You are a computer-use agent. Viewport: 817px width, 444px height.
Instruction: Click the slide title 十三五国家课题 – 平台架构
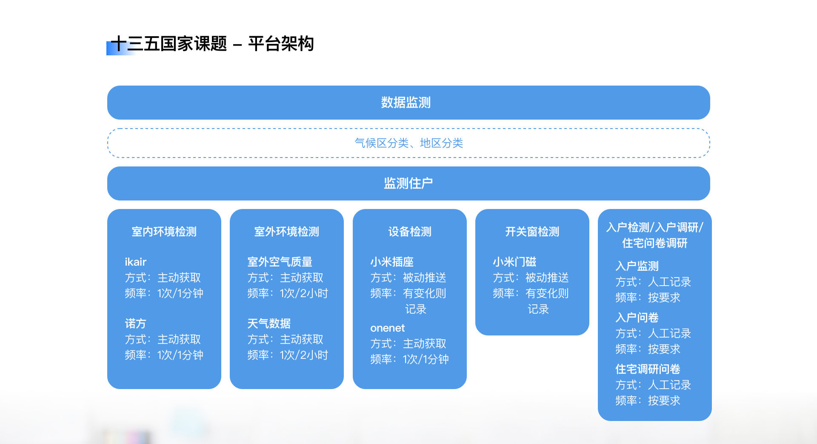(x=212, y=44)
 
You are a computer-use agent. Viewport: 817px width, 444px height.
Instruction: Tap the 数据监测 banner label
(x=406, y=103)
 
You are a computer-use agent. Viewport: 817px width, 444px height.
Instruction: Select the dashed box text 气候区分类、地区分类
(x=409, y=143)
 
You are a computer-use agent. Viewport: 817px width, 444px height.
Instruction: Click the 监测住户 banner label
(x=408, y=183)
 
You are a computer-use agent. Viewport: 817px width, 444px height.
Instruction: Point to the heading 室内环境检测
(x=164, y=232)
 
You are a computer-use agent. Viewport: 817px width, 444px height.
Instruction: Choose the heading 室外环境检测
(x=287, y=232)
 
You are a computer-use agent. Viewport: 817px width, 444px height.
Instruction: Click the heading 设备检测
(x=410, y=232)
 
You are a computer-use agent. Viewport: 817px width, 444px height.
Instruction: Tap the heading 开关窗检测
(x=532, y=232)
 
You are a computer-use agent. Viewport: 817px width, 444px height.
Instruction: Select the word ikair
(x=136, y=262)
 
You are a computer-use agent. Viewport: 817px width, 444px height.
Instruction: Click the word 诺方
(x=135, y=324)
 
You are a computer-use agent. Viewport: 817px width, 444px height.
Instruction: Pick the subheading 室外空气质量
(x=280, y=262)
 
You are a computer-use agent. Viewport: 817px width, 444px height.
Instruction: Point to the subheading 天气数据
(x=269, y=324)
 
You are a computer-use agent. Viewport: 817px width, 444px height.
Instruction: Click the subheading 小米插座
(x=392, y=262)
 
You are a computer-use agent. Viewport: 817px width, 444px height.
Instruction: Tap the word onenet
(x=388, y=328)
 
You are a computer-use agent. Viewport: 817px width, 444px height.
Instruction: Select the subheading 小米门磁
(x=514, y=262)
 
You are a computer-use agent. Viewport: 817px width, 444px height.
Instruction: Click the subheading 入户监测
(x=637, y=266)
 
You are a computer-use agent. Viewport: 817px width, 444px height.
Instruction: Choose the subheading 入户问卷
(x=637, y=318)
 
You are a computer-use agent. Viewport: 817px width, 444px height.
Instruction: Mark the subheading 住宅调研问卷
(x=648, y=369)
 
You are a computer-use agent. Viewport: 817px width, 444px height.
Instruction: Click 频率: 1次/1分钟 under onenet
(x=409, y=359)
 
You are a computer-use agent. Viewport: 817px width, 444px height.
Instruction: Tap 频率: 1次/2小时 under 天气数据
(x=288, y=355)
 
